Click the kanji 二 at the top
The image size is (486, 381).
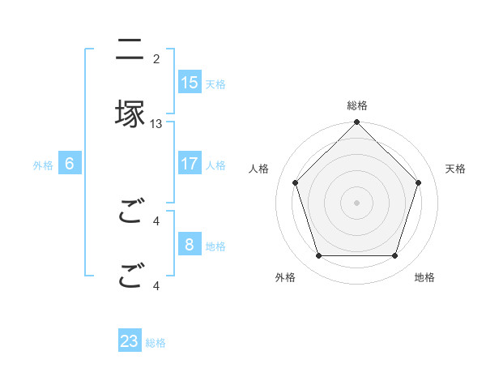click(x=130, y=49)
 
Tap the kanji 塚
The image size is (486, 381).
click(x=130, y=113)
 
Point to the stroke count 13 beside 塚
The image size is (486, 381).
click(x=156, y=124)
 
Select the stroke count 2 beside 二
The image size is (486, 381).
click(x=156, y=59)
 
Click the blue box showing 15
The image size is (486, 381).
click(x=190, y=83)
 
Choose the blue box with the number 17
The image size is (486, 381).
click(x=190, y=164)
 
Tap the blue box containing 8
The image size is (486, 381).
click(x=190, y=245)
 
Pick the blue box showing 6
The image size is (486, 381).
click(x=70, y=164)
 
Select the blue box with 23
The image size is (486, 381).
click(x=130, y=341)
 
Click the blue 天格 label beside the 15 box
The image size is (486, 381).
click(x=215, y=84)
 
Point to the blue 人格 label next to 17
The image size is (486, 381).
click(x=215, y=165)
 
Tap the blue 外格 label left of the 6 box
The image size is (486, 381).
click(x=43, y=165)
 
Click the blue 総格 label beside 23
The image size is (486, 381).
click(x=156, y=343)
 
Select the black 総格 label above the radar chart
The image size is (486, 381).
click(x=357, y=105)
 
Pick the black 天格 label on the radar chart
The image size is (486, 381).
click(x=455, y=169)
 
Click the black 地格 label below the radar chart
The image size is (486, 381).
click(x=424, y=277)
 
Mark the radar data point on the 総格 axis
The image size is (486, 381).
click(x=357, y=123)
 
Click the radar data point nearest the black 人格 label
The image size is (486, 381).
click(x=296, y=182)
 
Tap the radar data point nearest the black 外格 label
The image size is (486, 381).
click(x=319, y=256)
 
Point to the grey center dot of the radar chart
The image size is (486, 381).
click(x=357, y=202)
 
